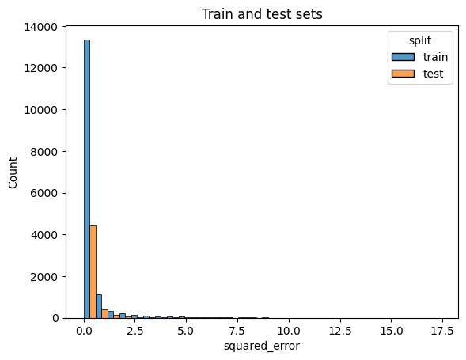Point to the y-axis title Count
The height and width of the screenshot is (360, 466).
(12, 172)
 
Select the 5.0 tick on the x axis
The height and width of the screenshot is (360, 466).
(186, 329)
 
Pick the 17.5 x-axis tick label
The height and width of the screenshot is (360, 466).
(441, 329)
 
